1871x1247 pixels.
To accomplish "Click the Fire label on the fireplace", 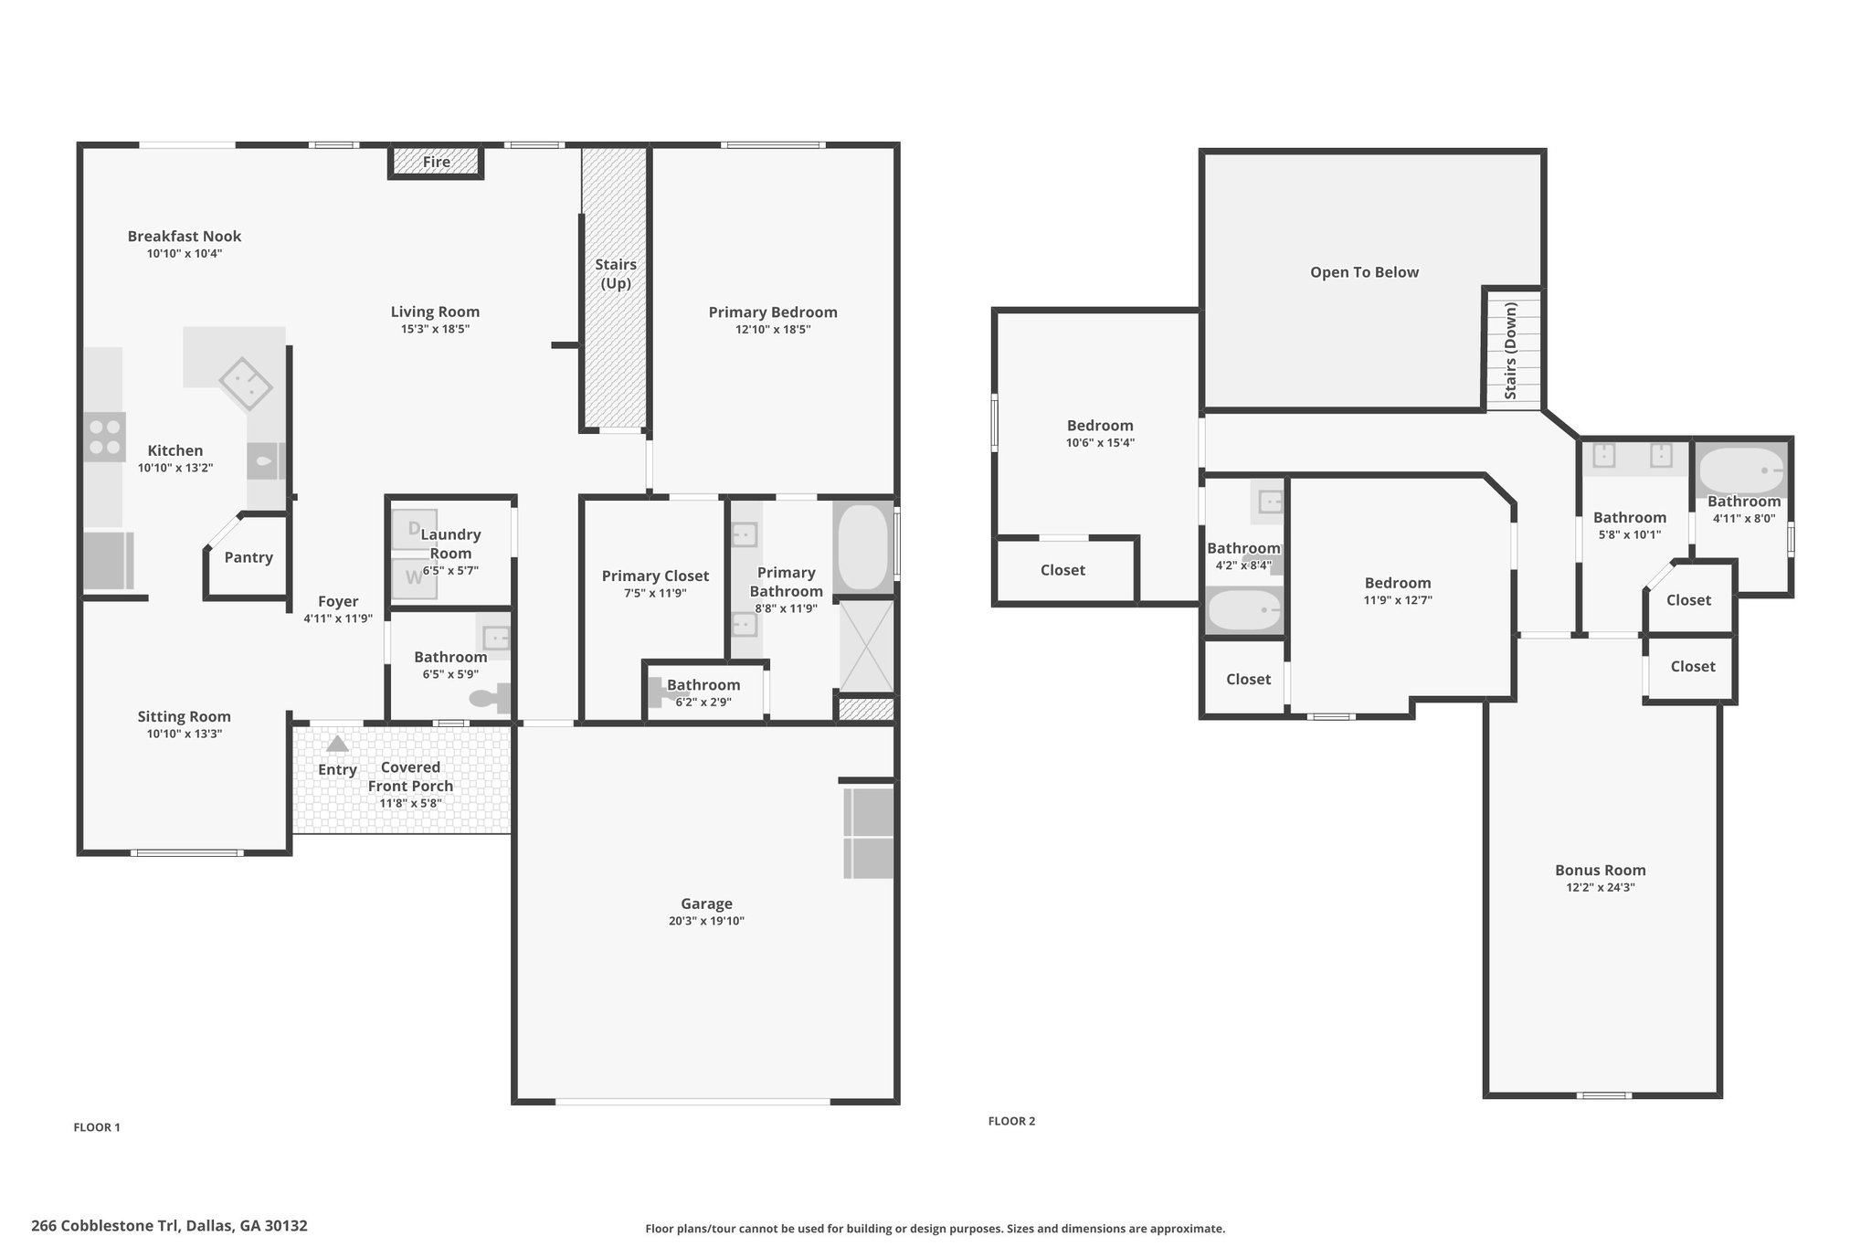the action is coord(437,162).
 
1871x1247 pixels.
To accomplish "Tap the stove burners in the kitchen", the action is coord(104,437).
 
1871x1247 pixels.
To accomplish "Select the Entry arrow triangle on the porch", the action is coord(337,744).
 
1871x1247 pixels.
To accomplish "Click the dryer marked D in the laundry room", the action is coord(414,528).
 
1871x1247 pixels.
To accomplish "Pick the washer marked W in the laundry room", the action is coord(414,577).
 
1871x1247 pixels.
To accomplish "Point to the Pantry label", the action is coord(248,557).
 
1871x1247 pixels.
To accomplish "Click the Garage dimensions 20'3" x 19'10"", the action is coord(706,921).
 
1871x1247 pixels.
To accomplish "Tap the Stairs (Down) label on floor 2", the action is coord(1510,352).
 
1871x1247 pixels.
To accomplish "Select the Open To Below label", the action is coord(1364,272).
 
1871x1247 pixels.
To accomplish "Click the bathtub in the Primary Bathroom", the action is coord(863,546).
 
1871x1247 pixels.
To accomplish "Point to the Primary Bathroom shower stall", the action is coord(866,646).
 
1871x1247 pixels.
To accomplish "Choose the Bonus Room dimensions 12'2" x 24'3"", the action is coord(1601,887).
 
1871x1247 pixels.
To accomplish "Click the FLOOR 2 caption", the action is coord(1011,1121).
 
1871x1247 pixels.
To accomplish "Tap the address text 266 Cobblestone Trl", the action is coord(106,1226).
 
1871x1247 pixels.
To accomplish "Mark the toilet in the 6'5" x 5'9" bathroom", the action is coord(492,698).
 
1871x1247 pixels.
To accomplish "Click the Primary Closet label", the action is coord(655,576).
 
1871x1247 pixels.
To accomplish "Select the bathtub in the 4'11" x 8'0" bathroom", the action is coord(1741,470).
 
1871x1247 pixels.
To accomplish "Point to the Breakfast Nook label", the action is coord(185,236).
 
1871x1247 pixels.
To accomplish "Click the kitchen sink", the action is coord(266,461).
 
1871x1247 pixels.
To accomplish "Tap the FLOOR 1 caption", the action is coord(97,1127).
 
